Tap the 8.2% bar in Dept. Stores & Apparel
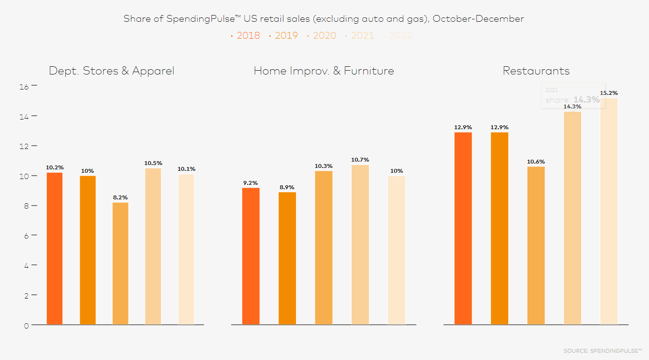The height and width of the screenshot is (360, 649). point(120,263)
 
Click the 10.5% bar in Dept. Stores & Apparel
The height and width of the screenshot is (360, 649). point(153,246)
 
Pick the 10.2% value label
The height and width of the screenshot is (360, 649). point(55,167)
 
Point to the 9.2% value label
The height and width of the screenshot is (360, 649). point(251,183)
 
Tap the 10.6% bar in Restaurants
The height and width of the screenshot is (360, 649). point(536,245)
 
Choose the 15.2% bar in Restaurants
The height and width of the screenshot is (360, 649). point(609,211)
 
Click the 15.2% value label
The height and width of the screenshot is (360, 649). point(609,93)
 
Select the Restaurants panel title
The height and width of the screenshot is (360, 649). point(536,71)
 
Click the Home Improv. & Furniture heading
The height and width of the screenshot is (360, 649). point(324,71)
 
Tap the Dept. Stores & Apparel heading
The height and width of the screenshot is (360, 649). point(112,71)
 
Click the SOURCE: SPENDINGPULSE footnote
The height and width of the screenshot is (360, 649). point(602,350)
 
